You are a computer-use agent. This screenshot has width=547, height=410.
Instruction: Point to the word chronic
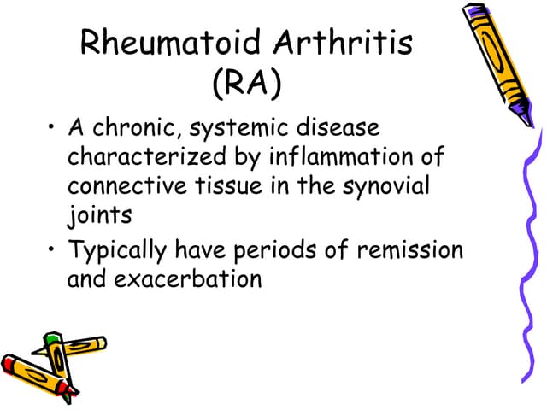point(136,131)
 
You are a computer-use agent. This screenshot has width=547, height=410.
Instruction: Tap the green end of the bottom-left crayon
point(53,342)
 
